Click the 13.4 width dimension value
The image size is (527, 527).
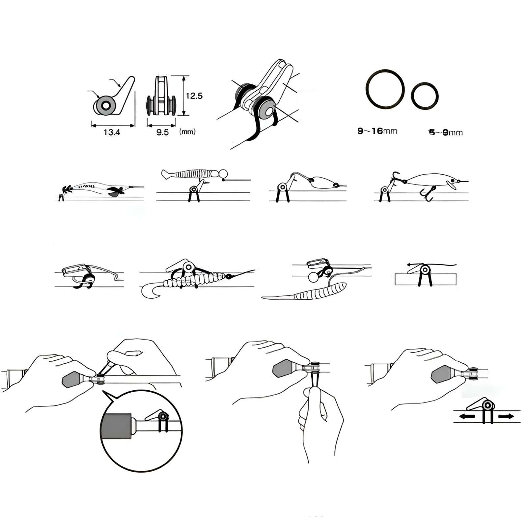(112, 132)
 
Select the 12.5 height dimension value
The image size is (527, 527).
(194, 96)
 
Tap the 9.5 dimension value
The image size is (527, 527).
(162, 132)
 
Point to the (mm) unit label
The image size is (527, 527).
(187, 132)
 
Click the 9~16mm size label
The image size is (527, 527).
(377, 131)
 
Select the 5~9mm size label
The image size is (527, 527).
(446, 133)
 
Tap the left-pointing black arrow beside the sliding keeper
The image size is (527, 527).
(467, 417)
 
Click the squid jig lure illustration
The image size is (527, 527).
(99, 189)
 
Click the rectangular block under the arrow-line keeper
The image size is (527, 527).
(426, 279)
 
